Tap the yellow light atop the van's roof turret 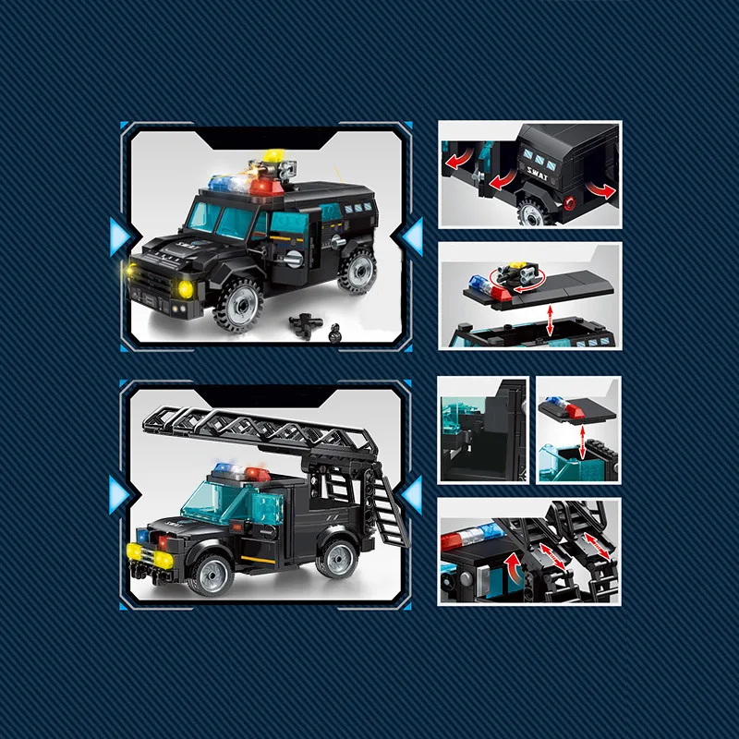[x=273, y=155]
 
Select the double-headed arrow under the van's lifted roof [x=551, y=321]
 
